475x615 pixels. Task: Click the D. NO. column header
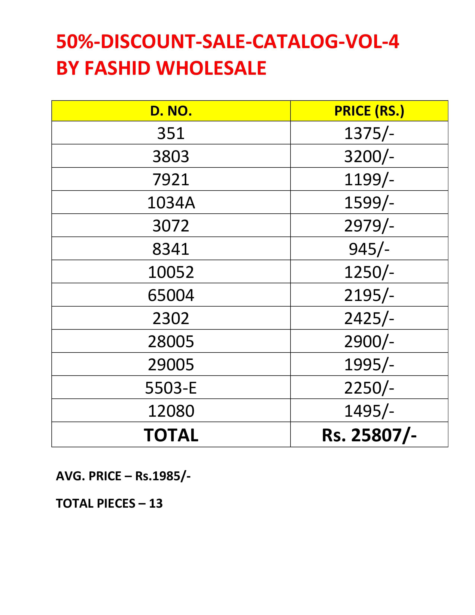[x=171, y=111]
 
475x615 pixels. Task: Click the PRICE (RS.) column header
[x=369, y=111]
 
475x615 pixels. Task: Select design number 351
[x=171, y=133]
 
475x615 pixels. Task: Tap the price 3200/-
[x=369, y=156]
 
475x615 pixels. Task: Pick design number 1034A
[x=171, y=202]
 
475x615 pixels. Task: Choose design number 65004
[x=171, y=295]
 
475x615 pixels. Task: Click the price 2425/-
[x=369, y=318]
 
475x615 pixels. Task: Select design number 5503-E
[x=171, y=388]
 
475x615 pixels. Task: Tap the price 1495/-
[x=369, y=411]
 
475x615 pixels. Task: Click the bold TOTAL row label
[x=171, y=435]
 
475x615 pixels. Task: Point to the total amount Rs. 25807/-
[x=369, y=435]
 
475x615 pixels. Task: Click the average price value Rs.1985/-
[x=163, y=476]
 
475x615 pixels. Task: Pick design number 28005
[x=171, y=341]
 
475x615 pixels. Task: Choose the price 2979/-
[x=369, y=225]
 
